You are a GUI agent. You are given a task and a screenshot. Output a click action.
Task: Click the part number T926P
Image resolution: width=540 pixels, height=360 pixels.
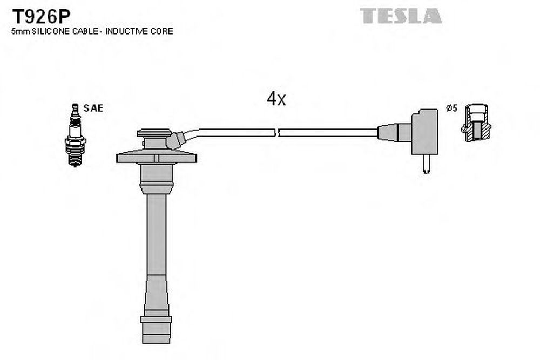(x=42, y=16)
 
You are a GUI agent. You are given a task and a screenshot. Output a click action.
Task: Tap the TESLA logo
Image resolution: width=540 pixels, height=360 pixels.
(x=401, y=16)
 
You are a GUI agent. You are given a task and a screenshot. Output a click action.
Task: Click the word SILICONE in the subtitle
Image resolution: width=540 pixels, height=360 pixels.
(x=51, y=31)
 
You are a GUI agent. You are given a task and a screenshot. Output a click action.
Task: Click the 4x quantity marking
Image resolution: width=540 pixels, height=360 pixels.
(x=276, y=99)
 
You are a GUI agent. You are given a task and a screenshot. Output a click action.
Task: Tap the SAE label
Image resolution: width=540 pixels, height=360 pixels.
(x=93, y=108)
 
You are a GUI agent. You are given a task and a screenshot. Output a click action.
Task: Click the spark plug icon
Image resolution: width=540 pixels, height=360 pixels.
(x=75, y=135)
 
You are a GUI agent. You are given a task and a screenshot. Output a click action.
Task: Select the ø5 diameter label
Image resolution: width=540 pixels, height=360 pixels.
(x=451, y=108)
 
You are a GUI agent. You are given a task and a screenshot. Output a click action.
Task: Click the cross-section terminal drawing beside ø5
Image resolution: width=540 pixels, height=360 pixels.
(x=476, y=123)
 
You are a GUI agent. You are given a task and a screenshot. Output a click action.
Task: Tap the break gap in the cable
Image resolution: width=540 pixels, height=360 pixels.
(x=277, y=133)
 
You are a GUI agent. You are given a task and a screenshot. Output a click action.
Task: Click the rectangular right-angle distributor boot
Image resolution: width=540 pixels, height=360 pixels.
(x=424, y=132)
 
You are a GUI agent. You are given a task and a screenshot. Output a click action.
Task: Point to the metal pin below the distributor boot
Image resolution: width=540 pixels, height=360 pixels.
(x=427, y=164)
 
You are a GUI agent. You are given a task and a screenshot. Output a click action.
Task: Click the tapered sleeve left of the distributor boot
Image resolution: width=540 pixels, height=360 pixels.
(x=394, y=133)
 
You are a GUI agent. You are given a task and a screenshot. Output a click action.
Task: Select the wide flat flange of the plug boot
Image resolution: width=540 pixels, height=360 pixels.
(x=157, y=158)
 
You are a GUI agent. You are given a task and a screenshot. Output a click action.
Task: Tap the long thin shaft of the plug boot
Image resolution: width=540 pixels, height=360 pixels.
(x=157, y=234)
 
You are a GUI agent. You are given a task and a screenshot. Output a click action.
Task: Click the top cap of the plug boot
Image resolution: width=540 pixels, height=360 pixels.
(x=154, y=133)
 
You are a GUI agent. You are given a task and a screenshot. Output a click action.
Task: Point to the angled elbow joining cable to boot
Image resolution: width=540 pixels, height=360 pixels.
(x=177, y=140)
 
